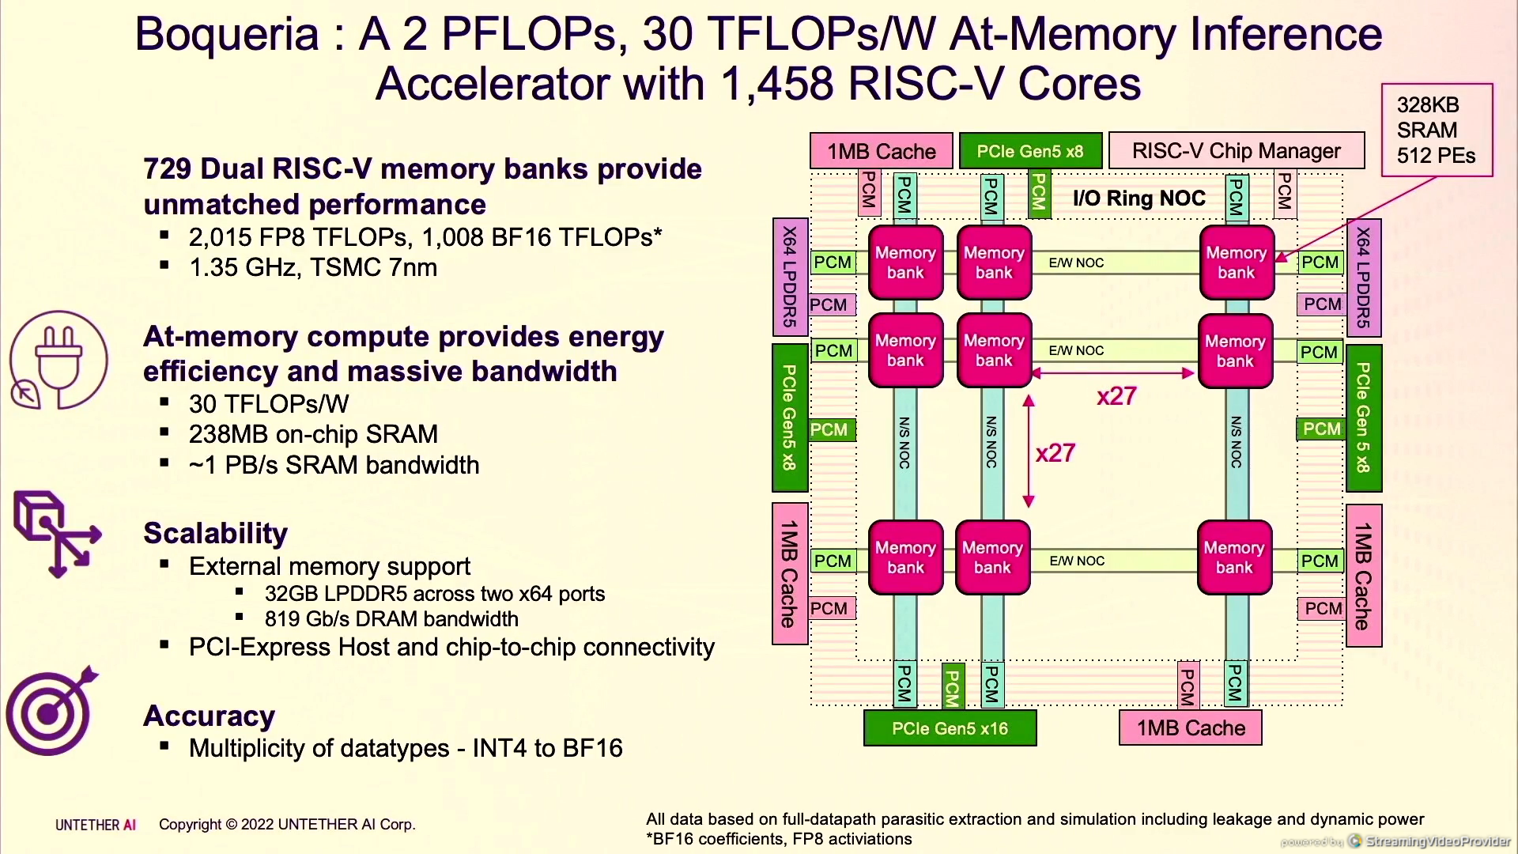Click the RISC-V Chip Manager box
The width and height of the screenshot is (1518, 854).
[1236, 150]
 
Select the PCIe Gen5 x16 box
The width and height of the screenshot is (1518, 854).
[950, 728]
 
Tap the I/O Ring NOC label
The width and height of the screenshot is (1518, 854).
[1138, 198]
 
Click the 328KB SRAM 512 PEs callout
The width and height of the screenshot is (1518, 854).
[1436, 130]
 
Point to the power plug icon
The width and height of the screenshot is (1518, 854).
[59, 360]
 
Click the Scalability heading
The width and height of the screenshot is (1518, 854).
[215, 533]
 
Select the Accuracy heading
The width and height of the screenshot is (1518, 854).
[209, 716]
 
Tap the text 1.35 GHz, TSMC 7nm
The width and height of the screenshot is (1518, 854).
[313, 267]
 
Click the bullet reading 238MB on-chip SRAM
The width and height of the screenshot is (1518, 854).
[313, 434]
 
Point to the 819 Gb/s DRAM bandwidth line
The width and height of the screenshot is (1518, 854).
[391, 619]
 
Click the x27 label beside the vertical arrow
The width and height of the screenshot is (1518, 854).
[1055, 453]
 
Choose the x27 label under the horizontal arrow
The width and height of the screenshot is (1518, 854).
[1116, 395]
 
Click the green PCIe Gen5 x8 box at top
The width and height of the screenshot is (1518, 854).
[1029, 151]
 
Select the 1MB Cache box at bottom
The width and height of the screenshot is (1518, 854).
[1190, 728]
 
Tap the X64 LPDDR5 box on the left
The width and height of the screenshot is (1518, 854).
[790, 277]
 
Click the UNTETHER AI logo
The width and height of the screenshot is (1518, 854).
[96, 825]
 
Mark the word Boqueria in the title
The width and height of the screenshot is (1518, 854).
[227, 35]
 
